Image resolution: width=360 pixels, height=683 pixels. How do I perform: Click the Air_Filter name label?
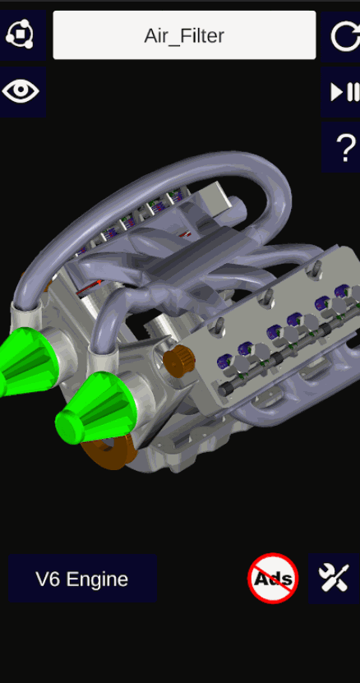point(184,35)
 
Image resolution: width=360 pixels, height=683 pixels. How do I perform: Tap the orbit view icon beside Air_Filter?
point(20,34)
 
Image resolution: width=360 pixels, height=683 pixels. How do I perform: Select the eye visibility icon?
point(21,91)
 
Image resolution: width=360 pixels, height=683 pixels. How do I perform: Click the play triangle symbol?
point(337,92)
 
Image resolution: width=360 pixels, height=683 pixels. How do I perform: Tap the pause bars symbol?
point(353,92)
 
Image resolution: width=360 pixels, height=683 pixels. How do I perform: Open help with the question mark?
point(346,147)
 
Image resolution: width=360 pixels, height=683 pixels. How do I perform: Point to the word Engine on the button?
point(98,579)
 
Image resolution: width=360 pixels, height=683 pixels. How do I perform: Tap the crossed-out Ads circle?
point(273,579)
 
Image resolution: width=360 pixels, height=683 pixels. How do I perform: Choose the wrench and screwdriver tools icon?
point(334,579)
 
